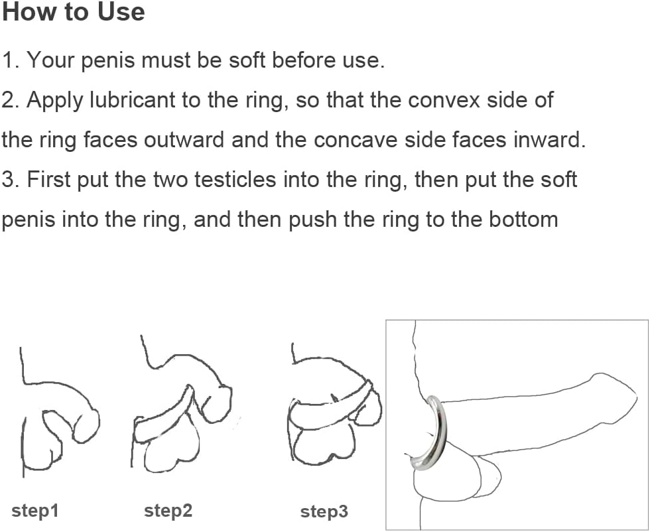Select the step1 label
click(x=35, y=511)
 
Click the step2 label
click(x=168, y=511)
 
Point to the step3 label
click(x=324, y=511)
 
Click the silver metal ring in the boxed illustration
click(x=438, y=431)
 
